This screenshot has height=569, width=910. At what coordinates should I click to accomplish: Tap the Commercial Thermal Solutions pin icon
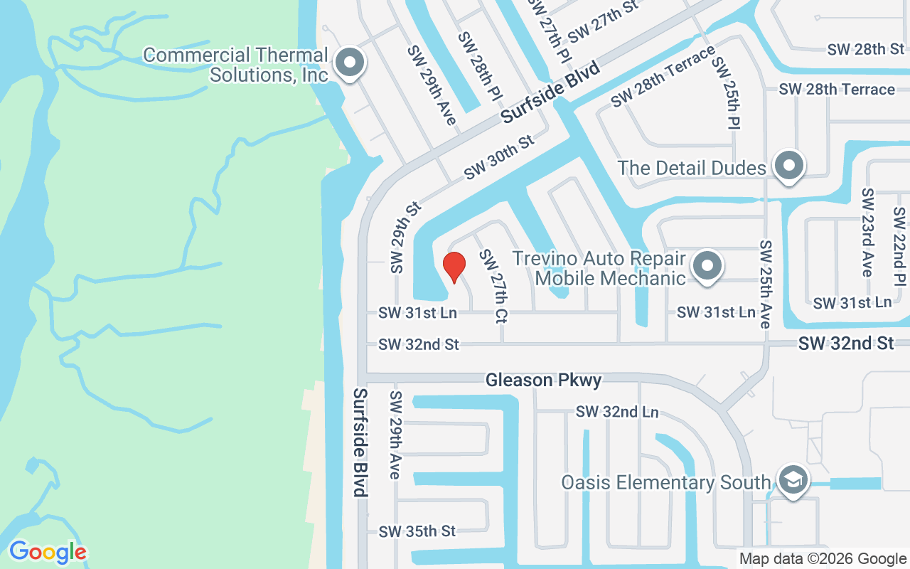point(349,63)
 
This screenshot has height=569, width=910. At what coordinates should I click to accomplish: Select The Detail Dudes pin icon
point(788,167)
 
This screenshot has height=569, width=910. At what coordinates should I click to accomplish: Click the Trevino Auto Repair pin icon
point(707,267)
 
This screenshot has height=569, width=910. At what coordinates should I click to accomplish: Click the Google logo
point(48,552)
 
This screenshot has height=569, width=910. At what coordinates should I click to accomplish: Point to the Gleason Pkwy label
point(544,381)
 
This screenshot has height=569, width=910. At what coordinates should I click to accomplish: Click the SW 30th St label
point(498,157)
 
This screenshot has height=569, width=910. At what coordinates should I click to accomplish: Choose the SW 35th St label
point(417,531)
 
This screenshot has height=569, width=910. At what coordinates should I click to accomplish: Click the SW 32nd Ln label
point(617,412)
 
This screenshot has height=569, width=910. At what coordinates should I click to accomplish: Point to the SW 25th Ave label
point(765,284)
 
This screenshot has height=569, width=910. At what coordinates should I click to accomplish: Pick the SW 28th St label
point(866,49)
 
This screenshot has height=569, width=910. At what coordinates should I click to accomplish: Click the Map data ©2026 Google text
point(822,559)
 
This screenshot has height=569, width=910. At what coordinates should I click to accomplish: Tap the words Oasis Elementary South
point(666,482)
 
